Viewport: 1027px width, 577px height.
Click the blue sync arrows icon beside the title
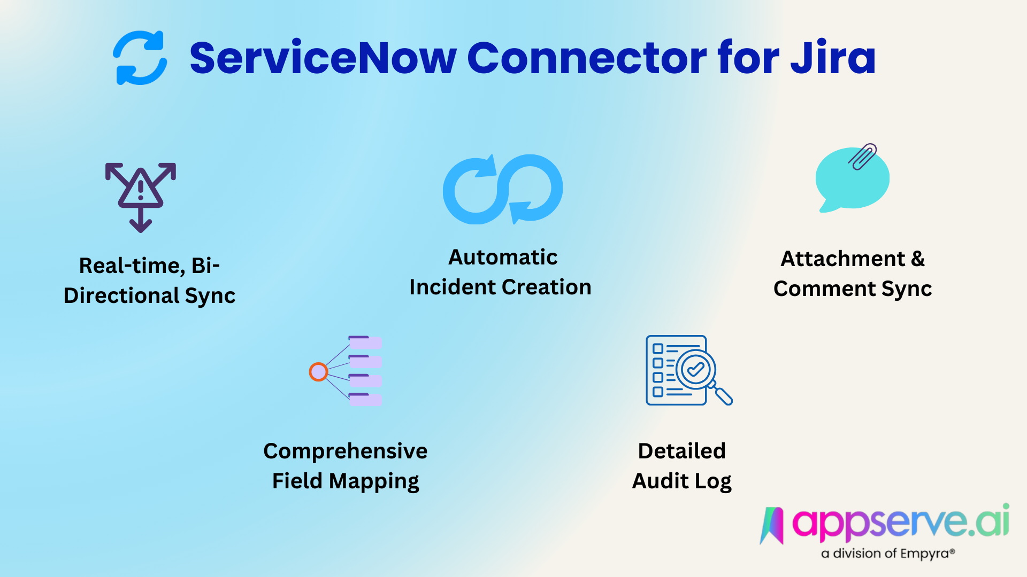(140, 58)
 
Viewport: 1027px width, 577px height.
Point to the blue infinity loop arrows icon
(503, 189)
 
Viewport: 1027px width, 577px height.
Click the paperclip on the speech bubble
(862, 156)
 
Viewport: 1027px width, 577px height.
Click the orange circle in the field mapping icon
(318, 372)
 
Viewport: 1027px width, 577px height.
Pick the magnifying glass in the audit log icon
(701, 374)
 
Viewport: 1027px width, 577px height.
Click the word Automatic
(503, 258)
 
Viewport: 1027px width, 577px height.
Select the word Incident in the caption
(452, 287)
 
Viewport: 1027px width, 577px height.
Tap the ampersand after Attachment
(917, 259)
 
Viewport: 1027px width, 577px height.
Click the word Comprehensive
(346, 451)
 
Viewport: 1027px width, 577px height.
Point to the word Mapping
(374, 482)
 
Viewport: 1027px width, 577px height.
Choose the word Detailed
(681, 451)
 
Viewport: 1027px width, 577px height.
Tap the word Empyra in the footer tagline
(924, 553)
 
